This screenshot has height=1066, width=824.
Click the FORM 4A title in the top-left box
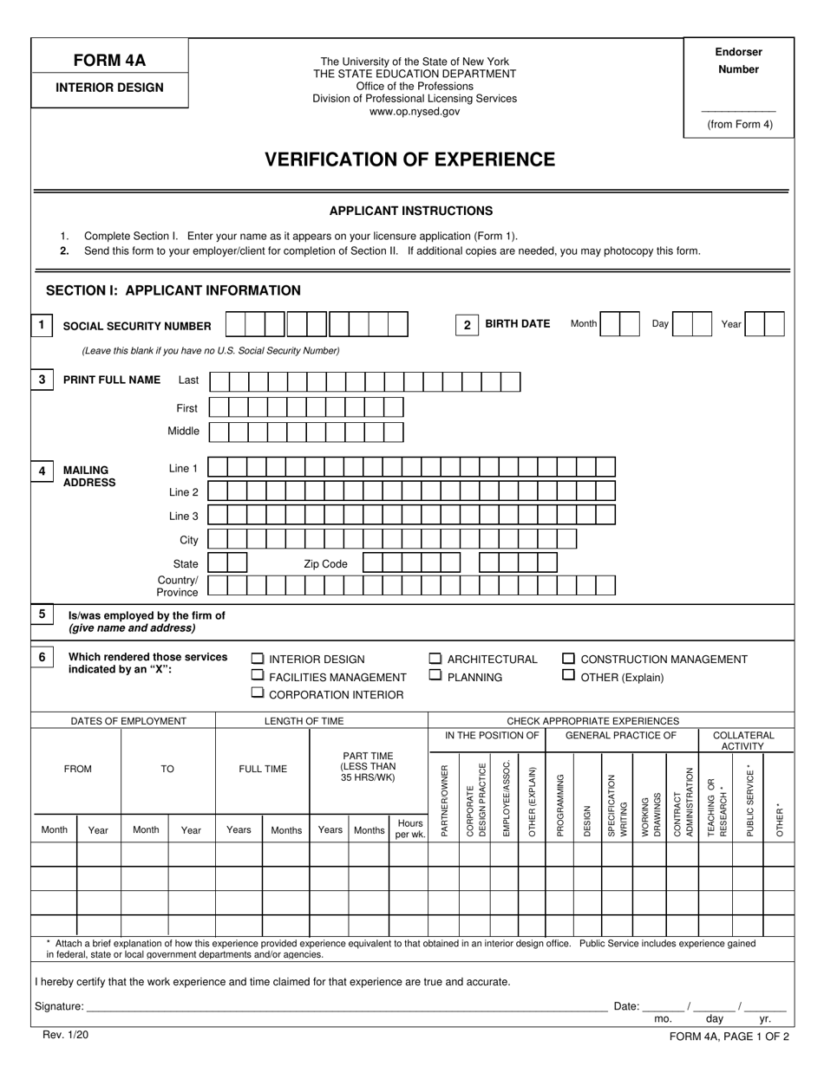point(108,61)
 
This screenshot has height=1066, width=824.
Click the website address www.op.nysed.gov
point(415,112)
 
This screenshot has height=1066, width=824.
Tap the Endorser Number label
point(738,61)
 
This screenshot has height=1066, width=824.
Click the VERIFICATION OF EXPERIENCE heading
point(409,159)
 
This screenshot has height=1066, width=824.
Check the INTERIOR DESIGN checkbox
point(258,659)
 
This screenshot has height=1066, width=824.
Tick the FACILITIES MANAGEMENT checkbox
point(258,676)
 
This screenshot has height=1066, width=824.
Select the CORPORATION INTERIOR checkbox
point(258,693)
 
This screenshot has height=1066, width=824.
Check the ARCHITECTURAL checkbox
point(435,659)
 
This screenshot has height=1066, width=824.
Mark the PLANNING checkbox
point(435,676)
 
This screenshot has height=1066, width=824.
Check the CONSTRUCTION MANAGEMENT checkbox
point(569,659)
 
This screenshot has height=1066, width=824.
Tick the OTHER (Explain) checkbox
point(569,676)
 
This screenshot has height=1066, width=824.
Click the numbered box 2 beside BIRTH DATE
point(467,325)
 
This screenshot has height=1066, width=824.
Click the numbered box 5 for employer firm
point(42,614)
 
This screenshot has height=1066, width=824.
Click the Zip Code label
point(325,564)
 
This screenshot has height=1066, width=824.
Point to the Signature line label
point(59,1006)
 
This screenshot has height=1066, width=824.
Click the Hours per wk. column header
point(409,829)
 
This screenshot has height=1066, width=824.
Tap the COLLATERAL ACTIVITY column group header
point(743,740)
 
